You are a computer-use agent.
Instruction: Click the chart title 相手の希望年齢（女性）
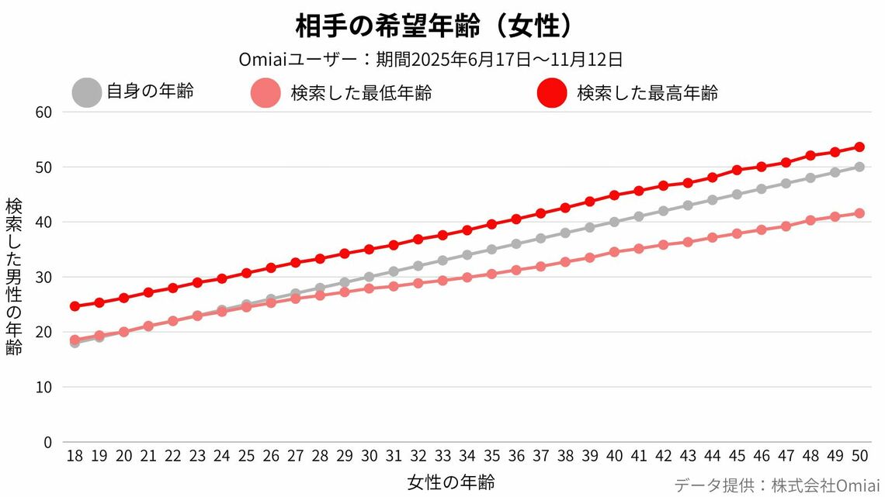click(x=435, y=26)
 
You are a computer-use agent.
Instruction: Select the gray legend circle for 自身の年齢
click(x=86, y=93)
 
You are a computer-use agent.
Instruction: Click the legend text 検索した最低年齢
click(x=361, y=94)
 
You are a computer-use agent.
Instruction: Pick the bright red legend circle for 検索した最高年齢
click(x=552, y=94)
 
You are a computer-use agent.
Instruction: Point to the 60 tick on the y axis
click(x=43, y=112)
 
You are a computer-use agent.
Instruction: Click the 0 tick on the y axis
click(x=47, y=442)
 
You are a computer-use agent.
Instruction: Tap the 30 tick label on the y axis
click(x=43, y=277)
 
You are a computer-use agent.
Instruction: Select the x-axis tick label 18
click(x=75, y=457)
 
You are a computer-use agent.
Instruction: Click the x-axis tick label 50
click(x=859, y=457)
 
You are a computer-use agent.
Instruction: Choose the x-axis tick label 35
click(x=491, y=457)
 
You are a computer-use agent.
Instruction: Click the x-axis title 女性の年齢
click(x=450, y=482)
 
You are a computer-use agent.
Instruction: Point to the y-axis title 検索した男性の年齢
click(x=14, y=277)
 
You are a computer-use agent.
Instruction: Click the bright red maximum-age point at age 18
click(x=75, y=306)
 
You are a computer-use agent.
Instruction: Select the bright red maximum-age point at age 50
click(x=859, y=147)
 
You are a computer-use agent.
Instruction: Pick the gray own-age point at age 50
click(x=859, y=167)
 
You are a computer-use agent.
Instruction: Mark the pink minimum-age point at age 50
click(x=859, y=213)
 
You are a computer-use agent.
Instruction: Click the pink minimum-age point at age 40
click(x=614, y=252)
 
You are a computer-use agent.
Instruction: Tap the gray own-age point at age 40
click(x=614, y=222)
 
